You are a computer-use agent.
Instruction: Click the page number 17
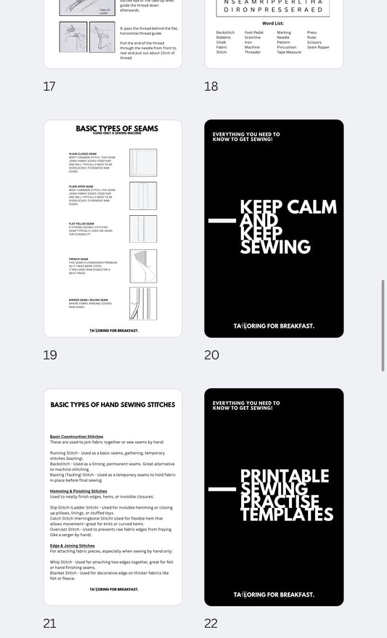(x=49, y=86)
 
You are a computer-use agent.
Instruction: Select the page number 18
(x=211, y=86)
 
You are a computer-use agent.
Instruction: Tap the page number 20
(x=211, y=355)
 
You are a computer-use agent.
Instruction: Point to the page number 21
(x=49, y=623)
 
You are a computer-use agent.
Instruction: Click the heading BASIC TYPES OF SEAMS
(x=113, y=129)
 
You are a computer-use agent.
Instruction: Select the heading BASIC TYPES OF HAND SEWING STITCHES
(x=113, y=404)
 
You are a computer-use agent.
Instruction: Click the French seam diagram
(x=143, y=266)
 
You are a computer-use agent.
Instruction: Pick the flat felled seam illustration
(x=143, y=228)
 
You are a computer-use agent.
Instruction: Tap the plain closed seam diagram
(x=143, y=162)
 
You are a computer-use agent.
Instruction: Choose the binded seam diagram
(x=143, y=303)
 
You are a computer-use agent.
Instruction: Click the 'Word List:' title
(x=273, y=23)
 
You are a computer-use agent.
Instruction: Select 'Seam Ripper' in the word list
(x=318, y=47)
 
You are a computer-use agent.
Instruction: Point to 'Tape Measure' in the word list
(x=289, y=52)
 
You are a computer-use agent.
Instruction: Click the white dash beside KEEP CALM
(x=221, y=220)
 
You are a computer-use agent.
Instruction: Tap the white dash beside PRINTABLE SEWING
(x=221, y=490)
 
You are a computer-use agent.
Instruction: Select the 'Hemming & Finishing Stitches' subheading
(x=78, y=491)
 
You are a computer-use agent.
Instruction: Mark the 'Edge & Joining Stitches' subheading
(x=73, y=545)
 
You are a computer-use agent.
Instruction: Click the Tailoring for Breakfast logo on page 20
(x=274, y=326)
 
